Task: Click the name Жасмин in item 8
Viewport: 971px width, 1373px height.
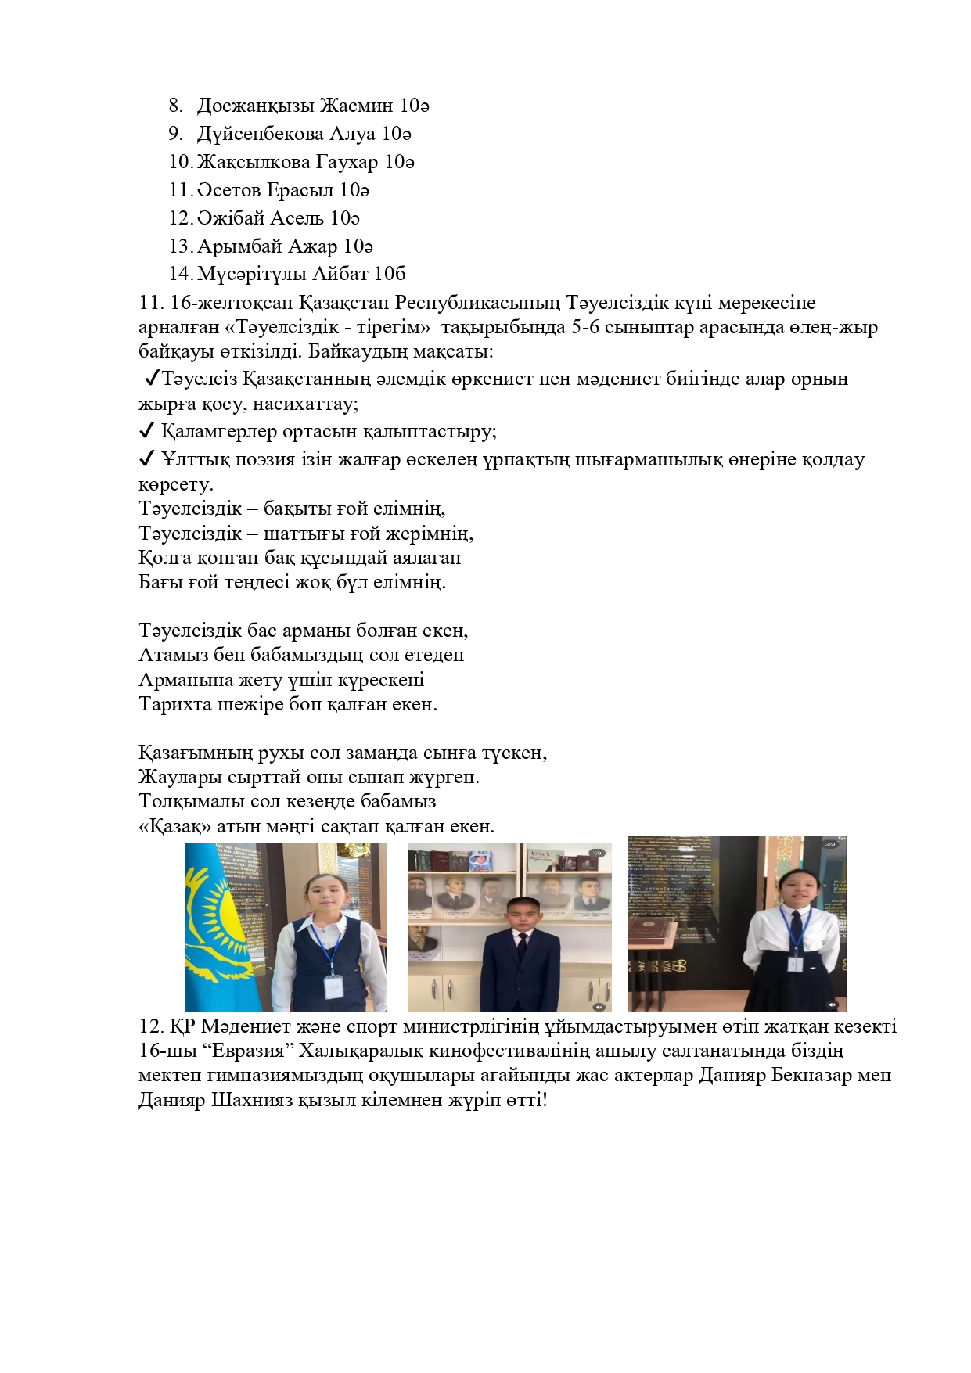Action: [x=356, y=106]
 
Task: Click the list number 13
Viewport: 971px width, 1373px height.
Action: [x=180, y=246]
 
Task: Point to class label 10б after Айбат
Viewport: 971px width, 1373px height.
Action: [x=390, y=274]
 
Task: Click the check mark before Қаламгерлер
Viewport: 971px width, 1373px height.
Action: [x=146, y=431]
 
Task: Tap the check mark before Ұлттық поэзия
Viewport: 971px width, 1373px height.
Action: [x=146, y=458]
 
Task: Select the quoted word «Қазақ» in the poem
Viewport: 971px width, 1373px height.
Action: [x=174, y=826]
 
